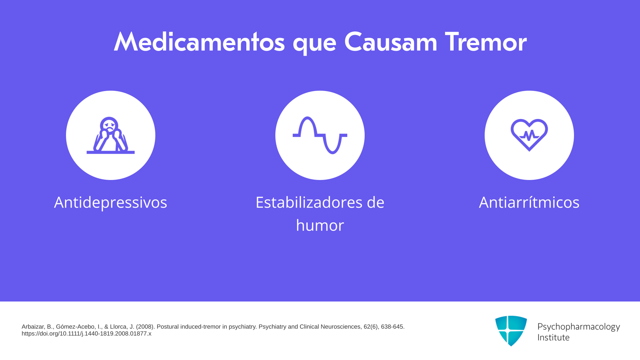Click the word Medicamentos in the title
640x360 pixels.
pos(199,42)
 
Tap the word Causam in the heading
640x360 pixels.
pos(390,42)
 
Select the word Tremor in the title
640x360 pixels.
pos(486,42)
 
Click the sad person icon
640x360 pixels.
pos(111,135)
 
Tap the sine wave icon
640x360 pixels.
pos(320,135)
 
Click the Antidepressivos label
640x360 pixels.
pos(111,202)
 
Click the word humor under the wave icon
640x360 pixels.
pos(320,225)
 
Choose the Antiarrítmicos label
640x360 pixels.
pos(529,202)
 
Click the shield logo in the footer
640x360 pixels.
pos(511,331)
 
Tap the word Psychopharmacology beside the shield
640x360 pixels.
pos(579,327)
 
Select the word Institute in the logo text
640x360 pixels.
pos(553,337)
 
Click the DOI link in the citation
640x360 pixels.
pos(86,334)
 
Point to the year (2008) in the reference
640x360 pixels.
pos(145,327)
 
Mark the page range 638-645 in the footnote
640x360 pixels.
pos(393,327)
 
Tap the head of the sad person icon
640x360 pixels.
pos(109,124)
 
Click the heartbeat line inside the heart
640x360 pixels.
pos(529,135)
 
